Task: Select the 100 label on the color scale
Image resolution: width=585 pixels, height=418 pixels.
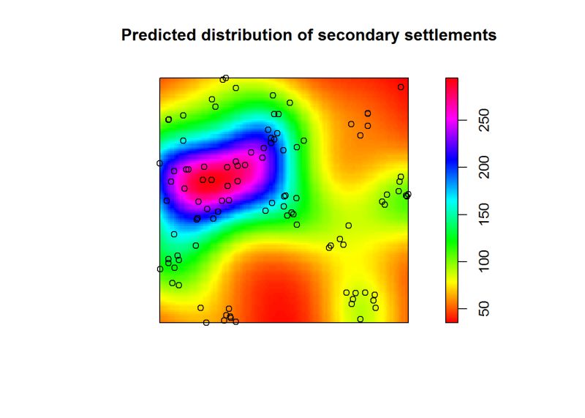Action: tap(483, 260)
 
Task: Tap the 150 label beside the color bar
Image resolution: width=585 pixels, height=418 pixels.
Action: tap(483, 214)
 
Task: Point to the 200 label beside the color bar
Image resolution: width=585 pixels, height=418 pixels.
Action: tap(483, 167)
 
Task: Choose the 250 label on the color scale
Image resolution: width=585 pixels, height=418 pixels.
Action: tap(483, 120)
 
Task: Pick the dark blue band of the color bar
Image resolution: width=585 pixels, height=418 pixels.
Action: tap(452, 167)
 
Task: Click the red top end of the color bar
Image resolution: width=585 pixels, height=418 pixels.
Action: tap(452, 82)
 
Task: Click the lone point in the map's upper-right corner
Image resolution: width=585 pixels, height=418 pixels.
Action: tap(401, 87)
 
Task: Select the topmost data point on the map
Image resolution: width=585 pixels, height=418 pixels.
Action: tap(226, 78)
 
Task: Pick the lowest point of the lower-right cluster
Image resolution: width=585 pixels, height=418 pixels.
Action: tap(360, 319)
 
